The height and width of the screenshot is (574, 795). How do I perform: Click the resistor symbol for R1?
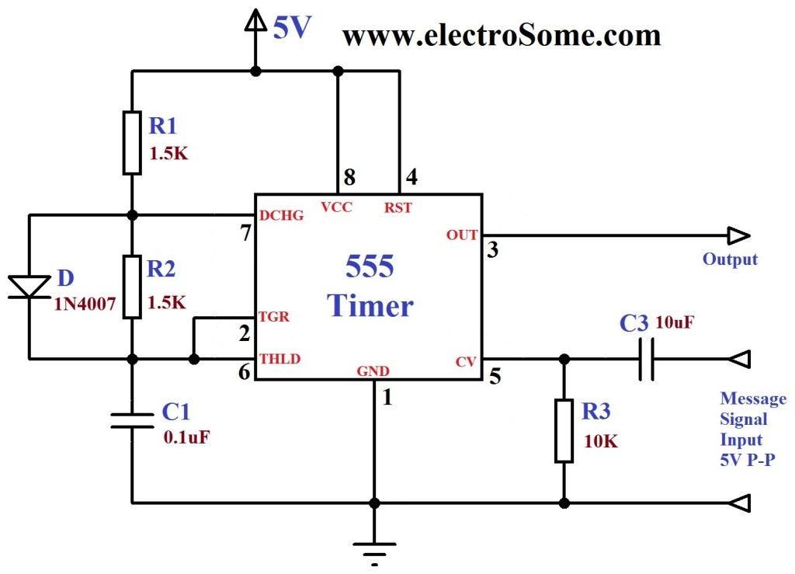point(132,142)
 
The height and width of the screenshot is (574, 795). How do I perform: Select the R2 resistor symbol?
point(132,286)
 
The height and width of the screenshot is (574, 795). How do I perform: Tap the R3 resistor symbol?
point(564,430)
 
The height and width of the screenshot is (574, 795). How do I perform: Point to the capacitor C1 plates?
point(132,420)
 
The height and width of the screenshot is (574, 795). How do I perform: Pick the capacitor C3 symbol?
point(646,359)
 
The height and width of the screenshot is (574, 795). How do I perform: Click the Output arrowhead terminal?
point(738,235)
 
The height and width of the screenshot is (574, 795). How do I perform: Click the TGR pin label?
point(273,317)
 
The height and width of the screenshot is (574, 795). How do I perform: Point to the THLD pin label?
point(280,358)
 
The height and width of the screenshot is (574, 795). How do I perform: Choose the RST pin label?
point(398,207)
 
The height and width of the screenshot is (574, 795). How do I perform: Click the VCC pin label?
point(337,207)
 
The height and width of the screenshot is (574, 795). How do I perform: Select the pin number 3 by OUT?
point(492,249)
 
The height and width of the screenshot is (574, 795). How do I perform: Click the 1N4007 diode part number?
point(85,304)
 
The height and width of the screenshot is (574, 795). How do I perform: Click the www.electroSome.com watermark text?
point(501,35)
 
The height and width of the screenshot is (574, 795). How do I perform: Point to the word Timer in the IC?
point(370,305)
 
